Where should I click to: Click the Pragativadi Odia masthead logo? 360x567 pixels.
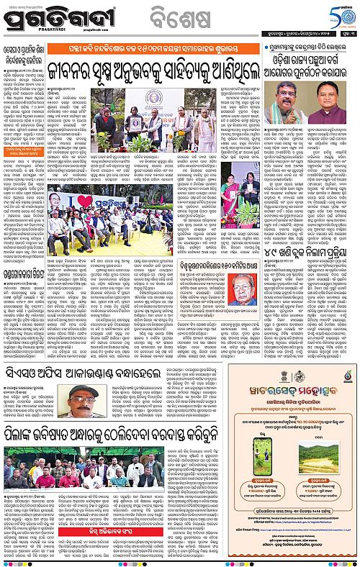[x=48, y=15]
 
